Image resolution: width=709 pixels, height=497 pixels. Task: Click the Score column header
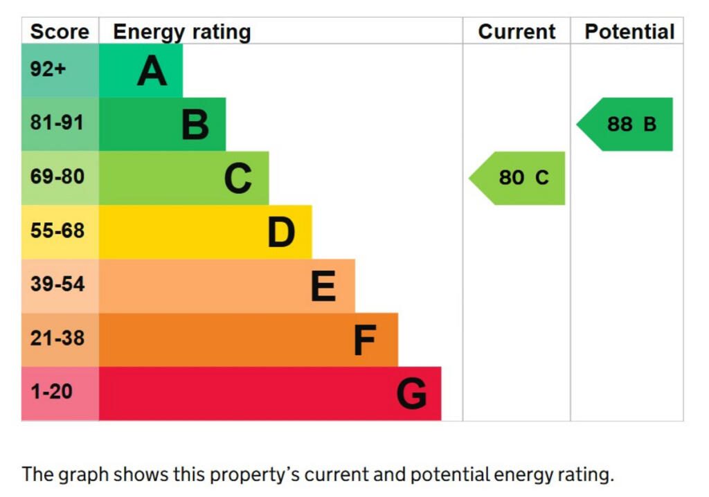[x=60, y=32]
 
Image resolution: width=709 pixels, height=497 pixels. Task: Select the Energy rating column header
[x=181, y=32]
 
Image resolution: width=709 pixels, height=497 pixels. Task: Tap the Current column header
[x=517, y=32]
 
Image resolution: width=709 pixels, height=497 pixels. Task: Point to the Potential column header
[x=629, y=32]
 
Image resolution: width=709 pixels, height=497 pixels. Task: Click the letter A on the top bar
[x=152, y=71]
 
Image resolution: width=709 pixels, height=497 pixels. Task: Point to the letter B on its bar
[x=195, y=125]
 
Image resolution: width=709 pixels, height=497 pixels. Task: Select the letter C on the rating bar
[x=237, y=179]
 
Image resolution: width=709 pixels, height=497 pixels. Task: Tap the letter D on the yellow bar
[x=281, y=233]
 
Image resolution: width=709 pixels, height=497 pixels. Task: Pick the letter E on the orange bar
[x=323, y=286]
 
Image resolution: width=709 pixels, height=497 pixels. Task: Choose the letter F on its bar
[x=364, y=340]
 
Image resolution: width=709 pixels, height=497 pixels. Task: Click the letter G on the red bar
[x=411, y=394]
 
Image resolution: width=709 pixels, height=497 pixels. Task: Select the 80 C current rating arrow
[x=519, y=178]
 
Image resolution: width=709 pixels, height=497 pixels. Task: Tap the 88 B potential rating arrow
[x=627, y=125]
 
